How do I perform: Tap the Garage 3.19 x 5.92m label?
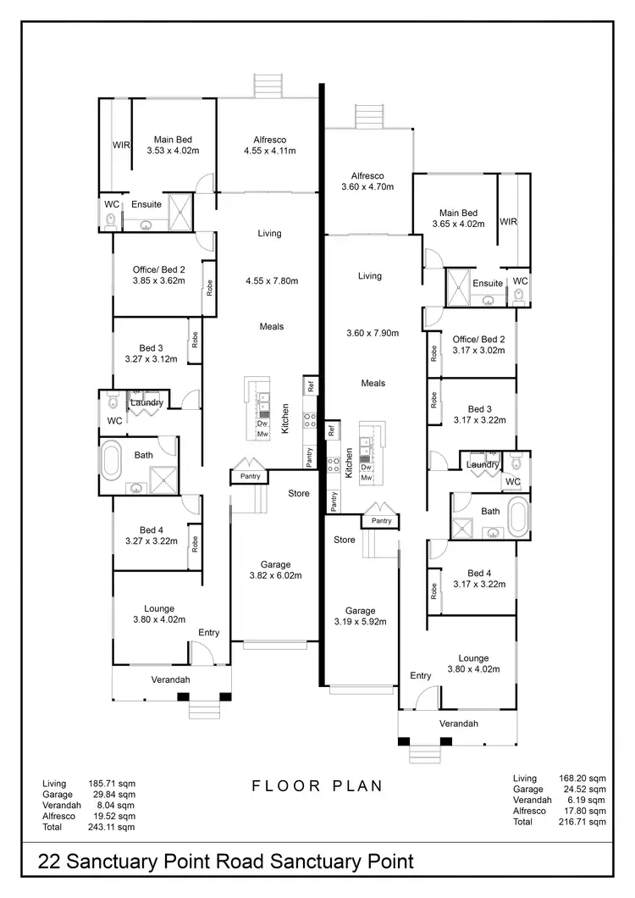[x=360, y=615]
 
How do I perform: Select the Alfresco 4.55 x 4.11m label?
[x=269, y=146]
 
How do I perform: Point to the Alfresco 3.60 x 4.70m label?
[x=367, y=180]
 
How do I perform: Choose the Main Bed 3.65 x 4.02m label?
[x=458, y=219]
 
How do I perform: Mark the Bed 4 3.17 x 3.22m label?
[x=479, y=579]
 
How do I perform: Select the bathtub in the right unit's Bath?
[x=517, y=514]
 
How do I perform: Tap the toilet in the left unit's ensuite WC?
[x=109, y=222]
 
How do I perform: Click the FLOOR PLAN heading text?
[x=317, y=786]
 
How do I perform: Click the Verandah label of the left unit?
[x=170, y=680]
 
